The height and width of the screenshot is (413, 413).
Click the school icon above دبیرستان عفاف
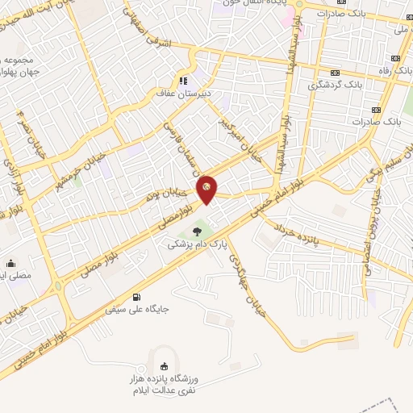click(x=183, y=81)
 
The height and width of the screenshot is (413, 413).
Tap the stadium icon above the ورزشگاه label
click(x=165, y=365)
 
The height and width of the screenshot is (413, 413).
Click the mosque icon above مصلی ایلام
click(x=11, y=263)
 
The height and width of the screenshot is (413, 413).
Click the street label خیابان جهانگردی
click(x=243, y=277)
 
